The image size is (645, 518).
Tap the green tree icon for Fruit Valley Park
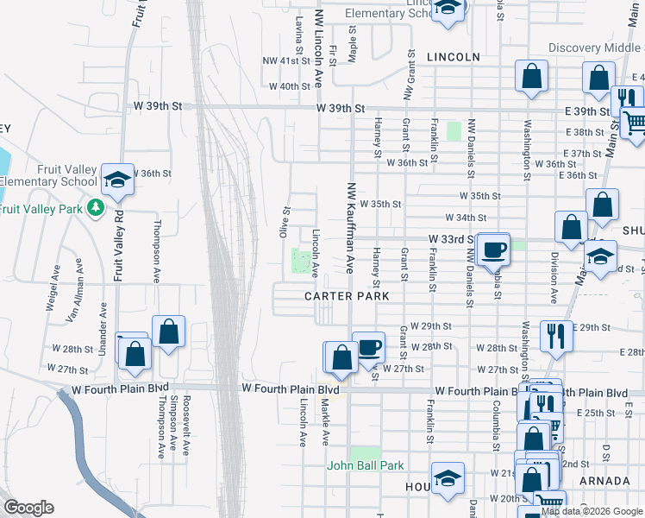coord(97,208)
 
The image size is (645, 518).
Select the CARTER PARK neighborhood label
coord(347,296)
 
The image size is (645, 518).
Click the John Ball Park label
coord(365,465)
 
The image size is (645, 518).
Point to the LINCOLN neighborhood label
coord(453,57)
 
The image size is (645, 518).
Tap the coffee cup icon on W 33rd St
coord(493,249)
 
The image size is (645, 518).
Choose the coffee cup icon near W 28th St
coord(368,346)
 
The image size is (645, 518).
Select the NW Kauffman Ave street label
coord(351,227)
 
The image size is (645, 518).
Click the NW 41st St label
coord(285,61)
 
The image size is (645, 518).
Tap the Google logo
coord(28,508)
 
